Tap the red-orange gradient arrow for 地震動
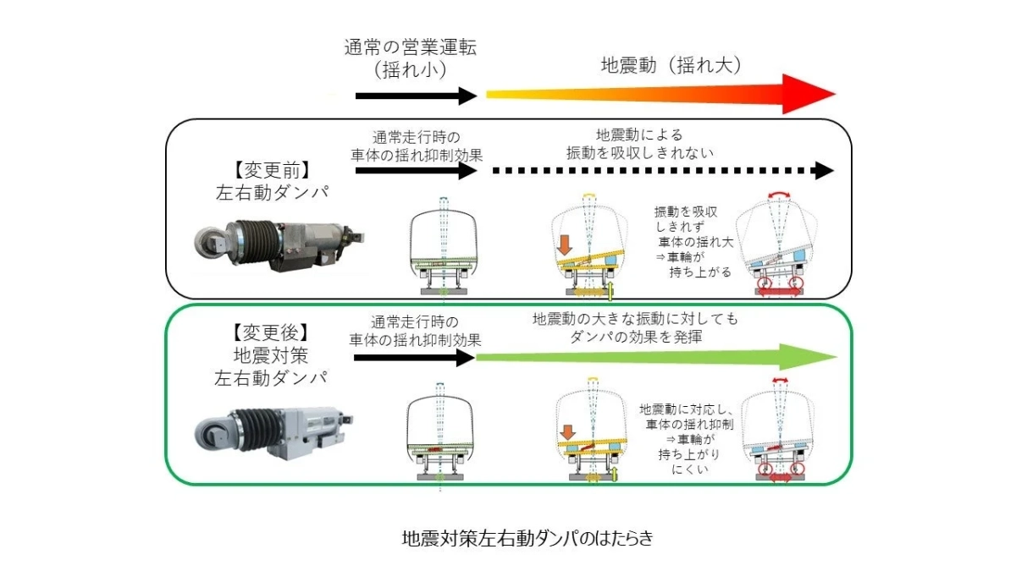(660, 94)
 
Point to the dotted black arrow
(660, 171)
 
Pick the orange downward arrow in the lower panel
(566, 432)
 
